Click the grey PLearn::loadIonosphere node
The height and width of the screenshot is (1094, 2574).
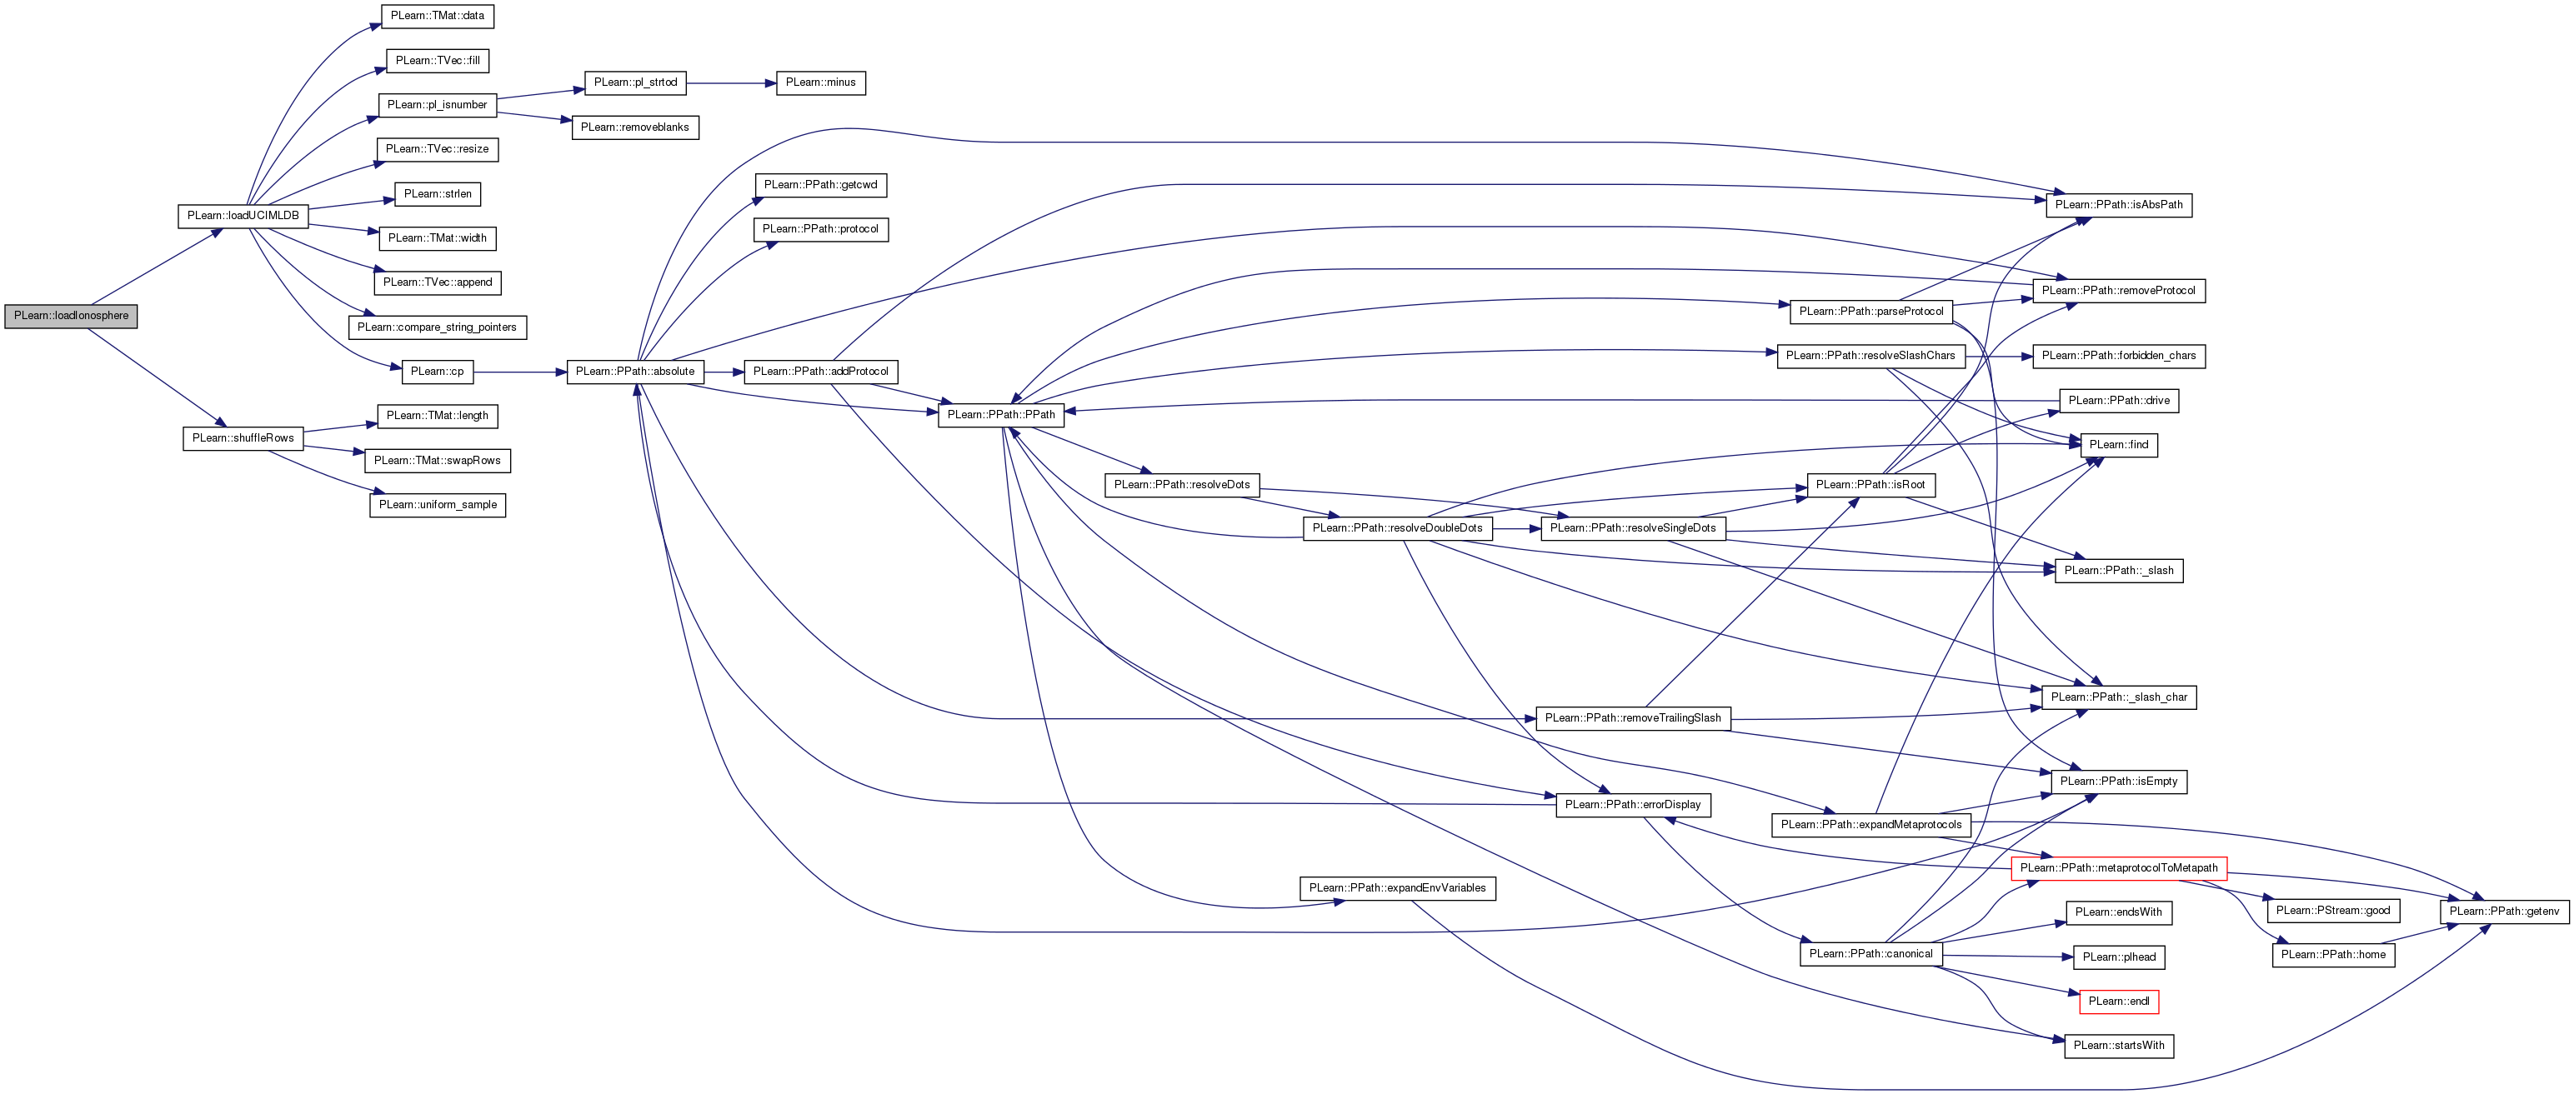71,316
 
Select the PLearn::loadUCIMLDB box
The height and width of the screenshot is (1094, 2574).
243,216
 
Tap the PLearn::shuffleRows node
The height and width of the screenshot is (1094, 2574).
243,438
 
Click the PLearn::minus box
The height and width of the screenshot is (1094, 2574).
820,83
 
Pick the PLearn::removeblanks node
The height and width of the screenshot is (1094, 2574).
634,127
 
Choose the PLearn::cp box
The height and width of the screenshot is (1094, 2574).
437,372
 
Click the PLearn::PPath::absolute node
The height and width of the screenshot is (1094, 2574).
634,372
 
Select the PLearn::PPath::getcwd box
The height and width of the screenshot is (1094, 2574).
820,185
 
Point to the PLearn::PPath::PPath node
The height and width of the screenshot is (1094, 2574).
1000,415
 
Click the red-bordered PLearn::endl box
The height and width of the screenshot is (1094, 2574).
2118,1001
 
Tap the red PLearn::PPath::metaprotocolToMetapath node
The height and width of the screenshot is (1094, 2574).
2118,868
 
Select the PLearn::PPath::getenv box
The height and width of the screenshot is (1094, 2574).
2504,912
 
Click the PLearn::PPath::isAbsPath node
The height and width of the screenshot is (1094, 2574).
2118,205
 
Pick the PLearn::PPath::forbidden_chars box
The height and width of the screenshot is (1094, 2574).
2118,356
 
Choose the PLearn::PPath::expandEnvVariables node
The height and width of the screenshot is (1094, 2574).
1397,888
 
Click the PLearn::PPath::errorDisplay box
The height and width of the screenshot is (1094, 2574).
1633,805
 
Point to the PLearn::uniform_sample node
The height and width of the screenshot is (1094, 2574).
438,506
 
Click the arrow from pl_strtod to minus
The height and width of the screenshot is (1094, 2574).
731,83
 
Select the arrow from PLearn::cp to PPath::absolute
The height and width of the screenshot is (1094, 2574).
519,372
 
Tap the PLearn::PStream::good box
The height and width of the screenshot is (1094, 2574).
2333,912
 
